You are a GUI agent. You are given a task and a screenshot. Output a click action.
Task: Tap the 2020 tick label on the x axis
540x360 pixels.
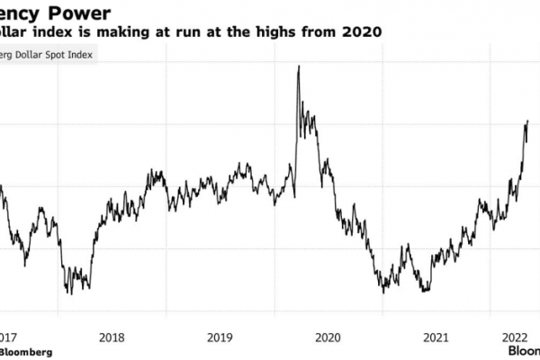(x=327, y=337)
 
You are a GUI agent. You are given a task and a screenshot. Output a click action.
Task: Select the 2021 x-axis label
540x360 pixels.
(x=435, y=337)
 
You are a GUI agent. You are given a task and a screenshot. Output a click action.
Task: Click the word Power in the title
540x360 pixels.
(x=89, y=13)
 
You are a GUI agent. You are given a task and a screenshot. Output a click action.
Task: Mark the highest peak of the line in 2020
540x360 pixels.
(x=298, y=67)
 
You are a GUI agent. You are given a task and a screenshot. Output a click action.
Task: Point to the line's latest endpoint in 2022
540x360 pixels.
(x=526, y=121)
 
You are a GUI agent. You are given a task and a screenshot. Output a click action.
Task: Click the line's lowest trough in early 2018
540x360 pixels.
(x=69, y=292)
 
